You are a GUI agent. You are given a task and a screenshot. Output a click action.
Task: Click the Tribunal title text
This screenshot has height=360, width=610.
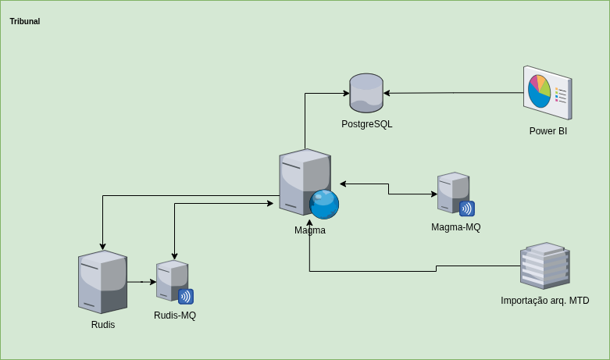25,22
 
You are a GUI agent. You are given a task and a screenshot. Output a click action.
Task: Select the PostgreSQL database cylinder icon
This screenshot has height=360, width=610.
366,93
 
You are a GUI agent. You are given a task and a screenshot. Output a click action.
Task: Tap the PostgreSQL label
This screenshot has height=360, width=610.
366,124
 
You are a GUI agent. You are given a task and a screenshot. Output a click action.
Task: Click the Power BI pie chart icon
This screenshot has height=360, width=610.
547,93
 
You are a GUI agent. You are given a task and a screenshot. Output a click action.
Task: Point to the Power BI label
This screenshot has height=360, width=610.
548,131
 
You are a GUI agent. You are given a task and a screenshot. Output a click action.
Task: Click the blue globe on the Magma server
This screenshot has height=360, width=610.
324,205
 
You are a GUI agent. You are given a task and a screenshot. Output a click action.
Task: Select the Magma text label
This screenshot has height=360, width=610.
310,230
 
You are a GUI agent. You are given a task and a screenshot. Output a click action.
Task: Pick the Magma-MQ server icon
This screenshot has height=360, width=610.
452,191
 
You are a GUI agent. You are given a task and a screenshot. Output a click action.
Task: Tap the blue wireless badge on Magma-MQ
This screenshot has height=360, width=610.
466,209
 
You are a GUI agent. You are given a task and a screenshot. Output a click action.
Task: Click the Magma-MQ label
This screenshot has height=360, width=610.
455,227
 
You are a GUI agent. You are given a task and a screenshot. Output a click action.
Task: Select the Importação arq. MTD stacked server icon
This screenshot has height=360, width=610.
544,266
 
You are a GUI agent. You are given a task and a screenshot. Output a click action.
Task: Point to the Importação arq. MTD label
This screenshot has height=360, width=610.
544,301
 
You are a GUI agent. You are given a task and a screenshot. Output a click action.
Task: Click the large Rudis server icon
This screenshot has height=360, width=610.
102,281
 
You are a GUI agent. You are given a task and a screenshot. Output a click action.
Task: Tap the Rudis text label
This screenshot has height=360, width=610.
103,325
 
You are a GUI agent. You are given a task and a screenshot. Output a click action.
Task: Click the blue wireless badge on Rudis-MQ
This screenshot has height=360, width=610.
186,297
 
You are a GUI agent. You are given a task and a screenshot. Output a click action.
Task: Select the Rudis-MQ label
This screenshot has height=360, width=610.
175,315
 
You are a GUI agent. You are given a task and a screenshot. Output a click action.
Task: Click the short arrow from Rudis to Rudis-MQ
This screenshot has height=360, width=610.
141,282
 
